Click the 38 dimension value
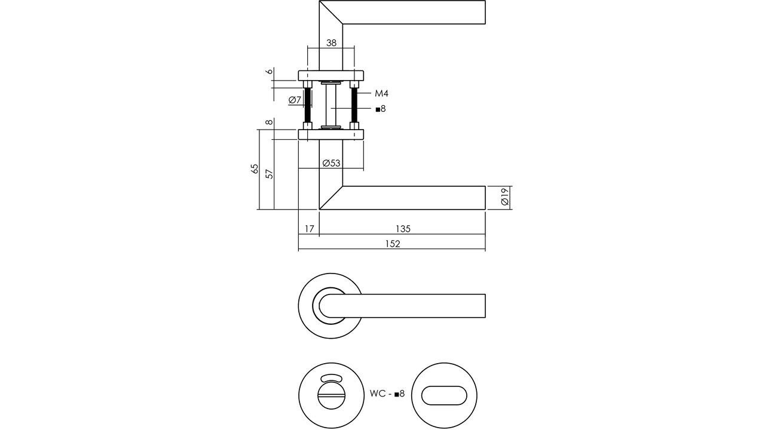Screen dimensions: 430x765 [331, 43]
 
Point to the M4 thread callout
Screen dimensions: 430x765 [382, 93]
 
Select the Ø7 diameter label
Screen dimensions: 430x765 [295, 100]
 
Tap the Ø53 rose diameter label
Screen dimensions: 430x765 [331, 163]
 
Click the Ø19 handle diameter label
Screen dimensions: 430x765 [504, 197]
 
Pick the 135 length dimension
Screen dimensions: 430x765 [403, 229]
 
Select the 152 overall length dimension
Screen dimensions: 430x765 [392, 244]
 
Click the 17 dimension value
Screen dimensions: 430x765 [309, 229]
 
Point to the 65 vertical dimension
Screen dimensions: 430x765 [255, 169]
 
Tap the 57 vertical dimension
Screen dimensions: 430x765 [270, 174]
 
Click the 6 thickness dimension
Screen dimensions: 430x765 [270, 71]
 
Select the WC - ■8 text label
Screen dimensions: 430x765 [387, 394]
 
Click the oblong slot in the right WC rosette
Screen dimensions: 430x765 [444, 395]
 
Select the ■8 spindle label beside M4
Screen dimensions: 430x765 [381, 109]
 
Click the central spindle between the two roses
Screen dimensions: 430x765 [331, 105]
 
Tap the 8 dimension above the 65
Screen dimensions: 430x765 [270, 122]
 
